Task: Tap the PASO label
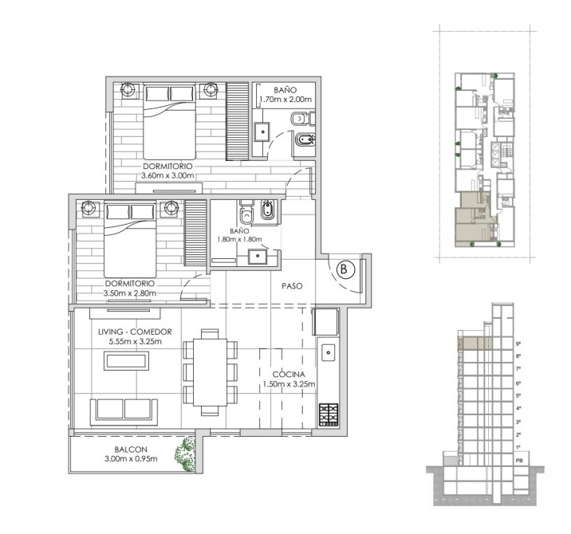pos(292,286)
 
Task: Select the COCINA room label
pos(289,375)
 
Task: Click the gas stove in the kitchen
pos(329,415)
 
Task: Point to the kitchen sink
pos(328,352)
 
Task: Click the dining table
pos(210,372)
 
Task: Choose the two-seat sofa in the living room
pos(124,412)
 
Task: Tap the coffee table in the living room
pos(126,361)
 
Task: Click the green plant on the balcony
pos(186,454)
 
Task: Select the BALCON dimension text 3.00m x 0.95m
pos(131,459)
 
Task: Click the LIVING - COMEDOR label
pos(135,332)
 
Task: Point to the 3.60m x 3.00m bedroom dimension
pos(167,176)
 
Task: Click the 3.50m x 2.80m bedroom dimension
pos(130,293)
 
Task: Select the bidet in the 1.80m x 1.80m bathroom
pos(267,210)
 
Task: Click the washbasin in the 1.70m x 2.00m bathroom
pos(262,132)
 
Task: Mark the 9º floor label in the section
pos(518,344)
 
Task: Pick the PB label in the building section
pos(519,461)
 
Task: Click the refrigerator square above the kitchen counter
pos(325,321)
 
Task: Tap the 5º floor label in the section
pos(518,395)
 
